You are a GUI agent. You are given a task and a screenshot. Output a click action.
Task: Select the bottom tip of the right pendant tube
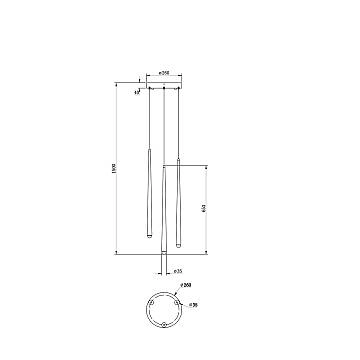pos(177,252)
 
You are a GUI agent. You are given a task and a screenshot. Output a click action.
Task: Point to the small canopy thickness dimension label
pos(138,92)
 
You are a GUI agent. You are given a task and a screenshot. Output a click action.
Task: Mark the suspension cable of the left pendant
pos(148,120)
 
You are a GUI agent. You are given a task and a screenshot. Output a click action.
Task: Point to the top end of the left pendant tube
pos(148,151)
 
